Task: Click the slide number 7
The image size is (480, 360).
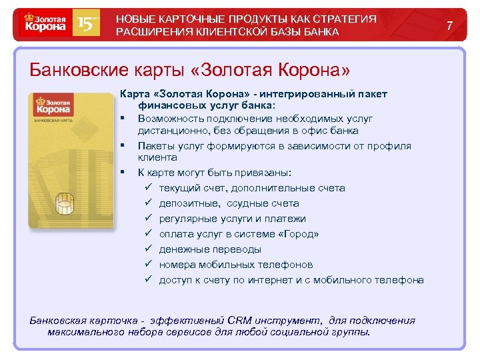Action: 450,25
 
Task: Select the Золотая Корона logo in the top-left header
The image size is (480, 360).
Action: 45,24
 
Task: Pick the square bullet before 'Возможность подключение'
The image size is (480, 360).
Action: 124,118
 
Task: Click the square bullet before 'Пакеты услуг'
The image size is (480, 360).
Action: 124,145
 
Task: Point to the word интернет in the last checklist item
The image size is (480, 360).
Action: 267,280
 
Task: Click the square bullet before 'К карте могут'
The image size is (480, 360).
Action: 124,173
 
